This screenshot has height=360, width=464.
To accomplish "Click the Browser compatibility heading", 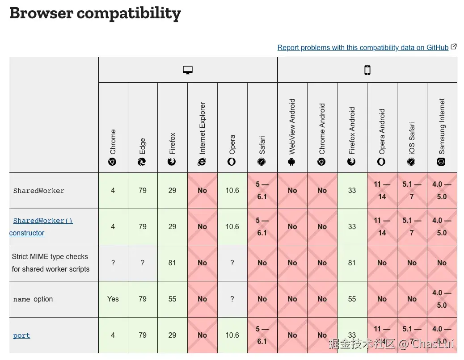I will pyautogui.click(x=95, y=13).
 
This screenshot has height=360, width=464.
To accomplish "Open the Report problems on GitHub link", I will pyautogui.click(x=363, y=48).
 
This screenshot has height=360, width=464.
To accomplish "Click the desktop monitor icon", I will pyautogui.click(x=188, y=70).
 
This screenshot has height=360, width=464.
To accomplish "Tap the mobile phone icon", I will pyautogui.click(x=367, y=70).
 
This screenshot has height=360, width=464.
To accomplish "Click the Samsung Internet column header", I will pyautogui.click(x=442, y=132).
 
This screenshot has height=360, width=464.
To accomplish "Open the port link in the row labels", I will pyautogui.click(x=21, y=335).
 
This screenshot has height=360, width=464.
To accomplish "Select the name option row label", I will pyautogui.click(x=33, y=299).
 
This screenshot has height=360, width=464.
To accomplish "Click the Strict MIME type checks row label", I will pyautogui.click(x=51, y=263).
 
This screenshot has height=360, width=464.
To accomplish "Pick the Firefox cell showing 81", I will pyautogui.click(x=173, y=263).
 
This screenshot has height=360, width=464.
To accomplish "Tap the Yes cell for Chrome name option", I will pyautogui.click(x=113, y=299).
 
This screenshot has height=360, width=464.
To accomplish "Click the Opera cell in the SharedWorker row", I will pyautogui.click(x=232, y=190).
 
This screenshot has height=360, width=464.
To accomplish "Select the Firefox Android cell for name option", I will pyautogui.click(x=352, y=299).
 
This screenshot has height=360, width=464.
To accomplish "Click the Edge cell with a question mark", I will pyautogui.click(x=143, y=263).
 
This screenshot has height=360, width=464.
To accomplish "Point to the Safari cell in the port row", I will pyautogui.click(x=262, y=335).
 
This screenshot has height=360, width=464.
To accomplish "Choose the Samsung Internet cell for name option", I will pyautogui.click(x=442, y=299).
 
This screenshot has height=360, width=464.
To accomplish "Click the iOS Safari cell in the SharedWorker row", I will pyautogui.click(x=412, y=190).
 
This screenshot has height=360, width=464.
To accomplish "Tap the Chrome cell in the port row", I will pyautogui.click(x=113, y=335).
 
